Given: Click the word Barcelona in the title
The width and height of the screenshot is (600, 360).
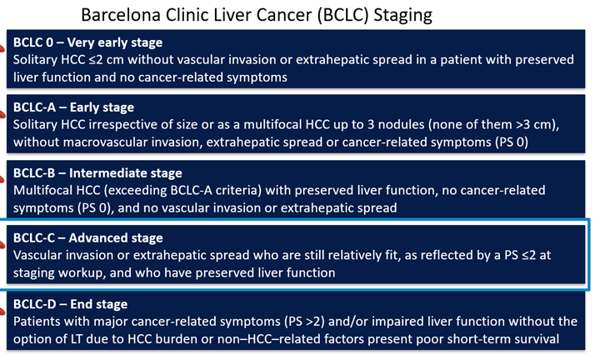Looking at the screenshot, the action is click(121, 15).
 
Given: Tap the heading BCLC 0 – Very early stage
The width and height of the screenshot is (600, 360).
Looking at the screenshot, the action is click(88, 42).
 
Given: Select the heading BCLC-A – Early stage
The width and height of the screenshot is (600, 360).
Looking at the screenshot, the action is click(73, 107).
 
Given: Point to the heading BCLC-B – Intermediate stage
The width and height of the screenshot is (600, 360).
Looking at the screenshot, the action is click(97, 173).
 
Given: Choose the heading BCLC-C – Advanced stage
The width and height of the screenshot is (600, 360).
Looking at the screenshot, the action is click(88, 238).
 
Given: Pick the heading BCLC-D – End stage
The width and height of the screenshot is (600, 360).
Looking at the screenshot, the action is click(70, 304).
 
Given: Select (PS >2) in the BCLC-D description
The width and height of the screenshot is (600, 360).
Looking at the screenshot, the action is click(304, 322).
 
